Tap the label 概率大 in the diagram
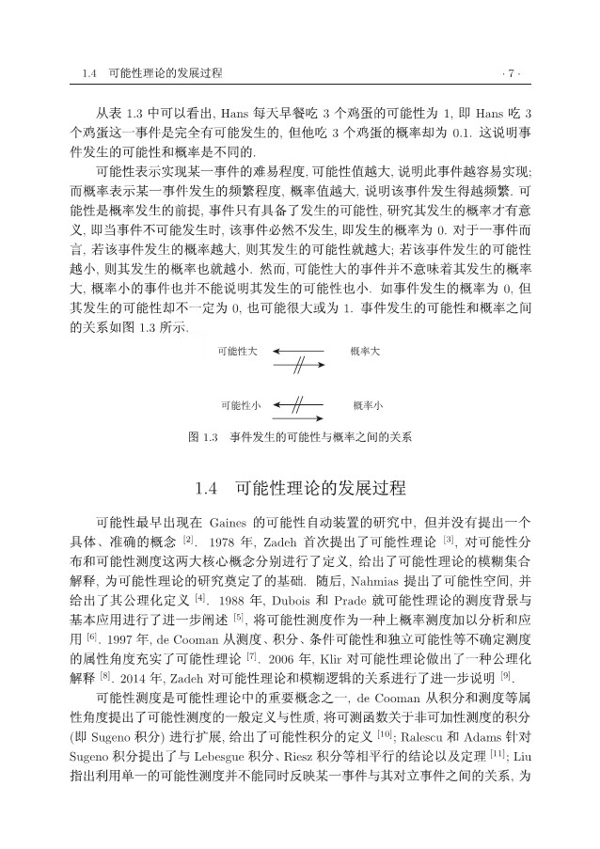[364, 351]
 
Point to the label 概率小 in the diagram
[367, 405]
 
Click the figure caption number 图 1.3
[203, 437]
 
